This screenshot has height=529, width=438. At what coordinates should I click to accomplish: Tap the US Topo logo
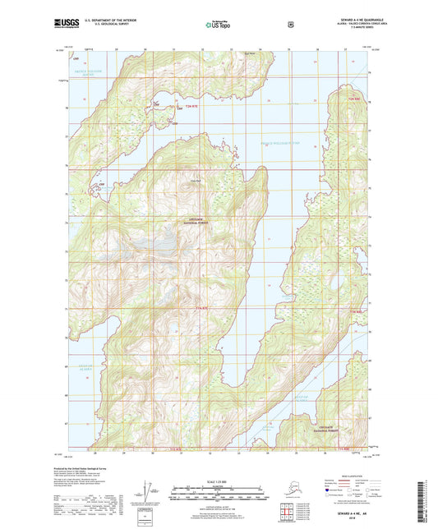(x=219, y=25)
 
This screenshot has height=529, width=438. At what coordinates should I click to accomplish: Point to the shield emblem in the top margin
(x=290, y=24)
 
